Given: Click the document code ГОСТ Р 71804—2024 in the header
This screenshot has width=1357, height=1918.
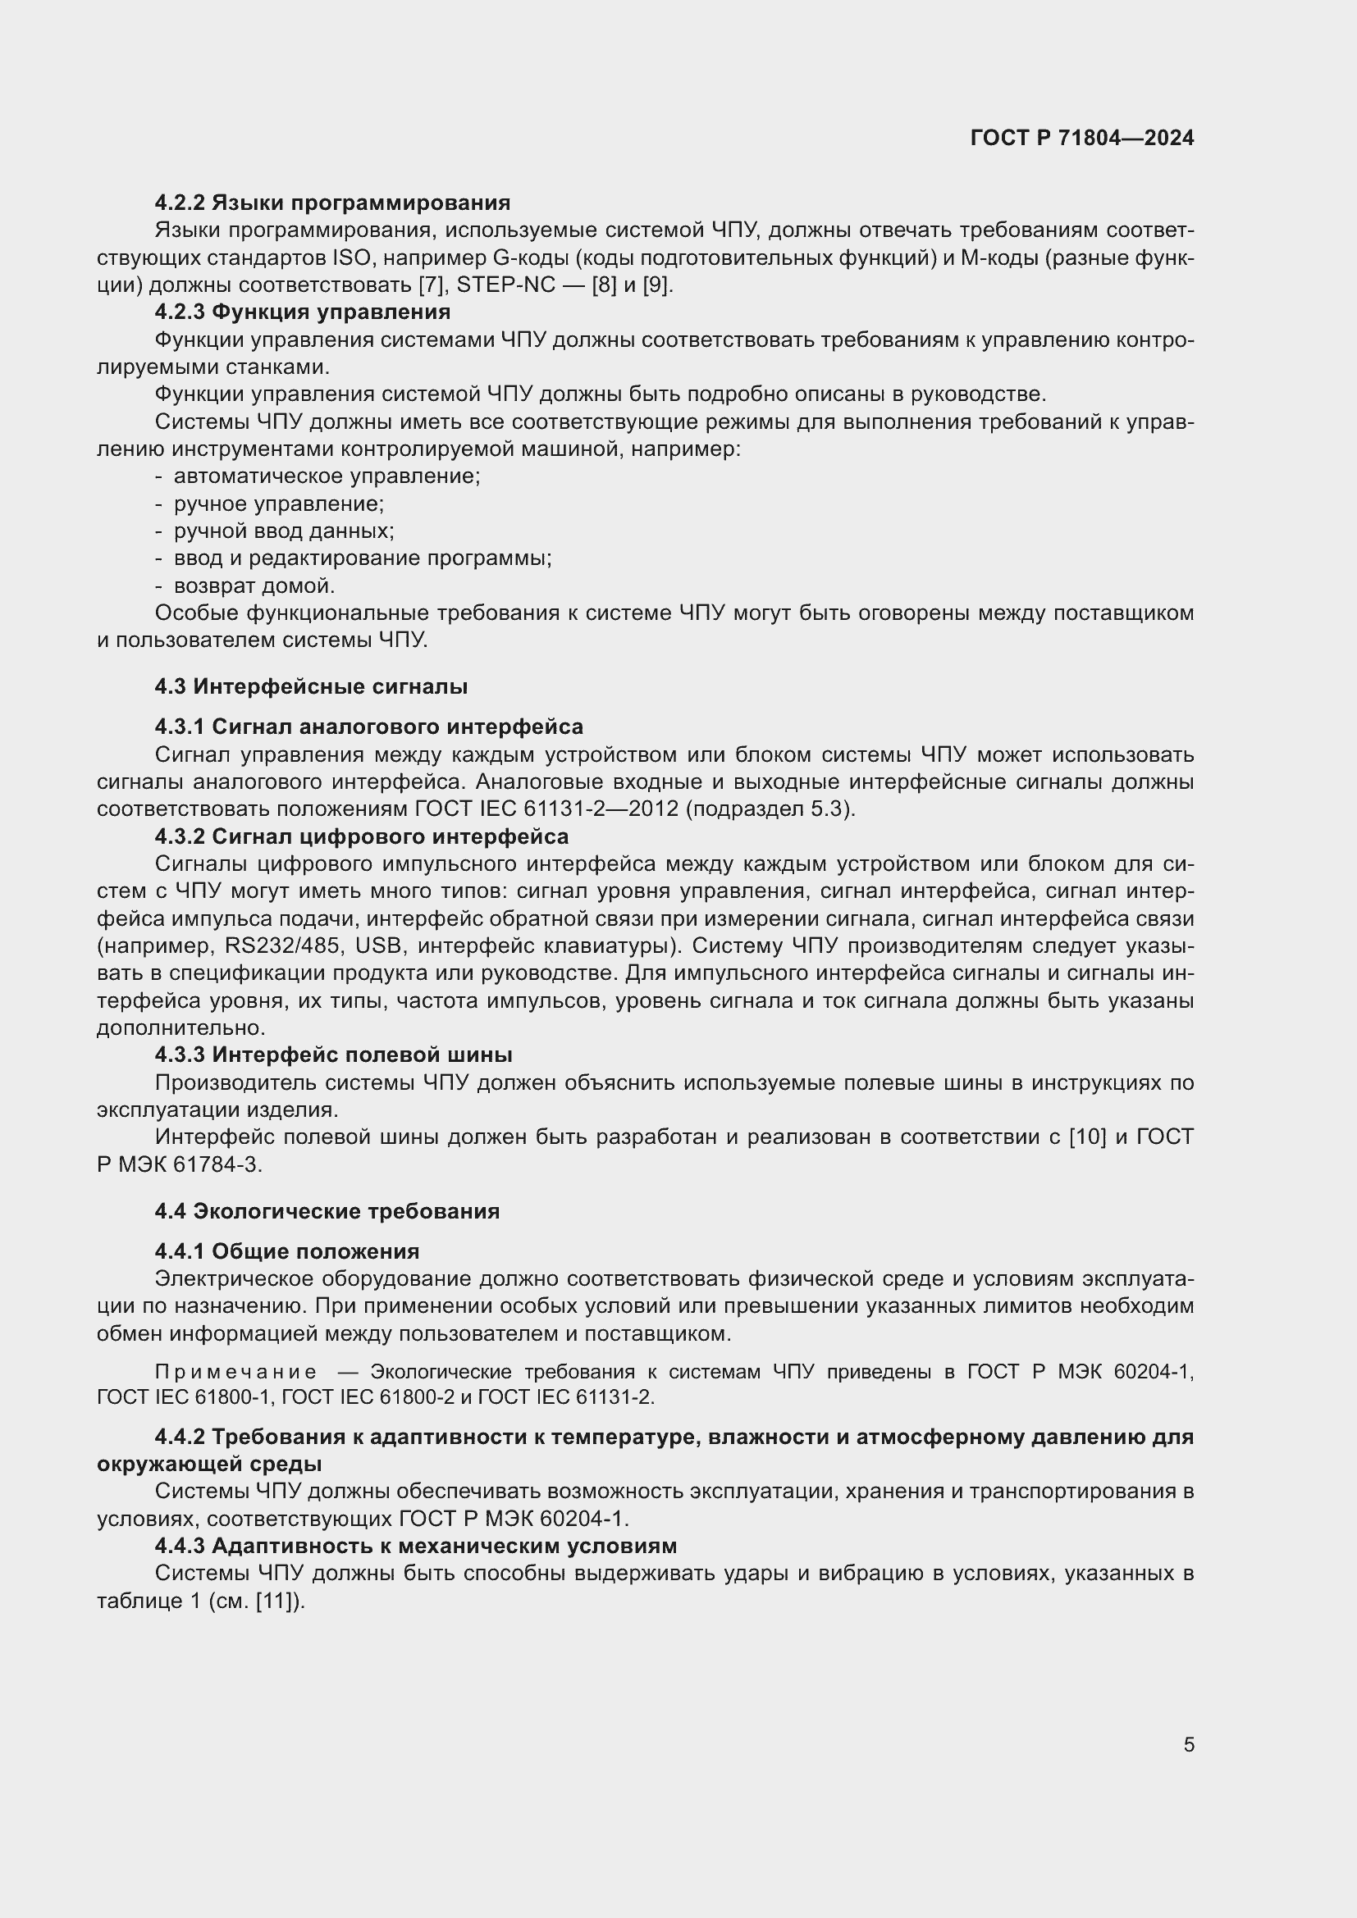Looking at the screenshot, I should [1081, 138].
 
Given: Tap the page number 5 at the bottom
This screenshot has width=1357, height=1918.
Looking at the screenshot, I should [1188, 1745].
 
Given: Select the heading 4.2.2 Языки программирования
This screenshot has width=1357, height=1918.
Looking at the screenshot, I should [331, 203].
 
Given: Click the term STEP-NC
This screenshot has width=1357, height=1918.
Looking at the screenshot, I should [505, 285].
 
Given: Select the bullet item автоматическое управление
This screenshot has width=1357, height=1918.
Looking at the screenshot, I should [326, 476].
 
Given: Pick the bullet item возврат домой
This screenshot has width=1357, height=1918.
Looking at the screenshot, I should [254, 585].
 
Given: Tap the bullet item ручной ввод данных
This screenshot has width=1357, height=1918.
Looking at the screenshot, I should [283, 531].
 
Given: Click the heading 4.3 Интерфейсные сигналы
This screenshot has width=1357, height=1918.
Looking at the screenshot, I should [310, 686].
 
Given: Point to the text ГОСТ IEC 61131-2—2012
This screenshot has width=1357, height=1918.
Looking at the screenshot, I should [546, 809].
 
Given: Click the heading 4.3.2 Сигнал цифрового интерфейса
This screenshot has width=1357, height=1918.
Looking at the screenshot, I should [361, 836].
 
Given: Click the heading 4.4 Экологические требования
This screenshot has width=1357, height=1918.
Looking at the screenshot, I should [327, 1211].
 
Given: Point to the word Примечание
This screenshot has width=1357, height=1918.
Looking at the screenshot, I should [235, 1372].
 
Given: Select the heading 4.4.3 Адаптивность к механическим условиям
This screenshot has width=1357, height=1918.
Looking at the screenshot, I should [415, 1546].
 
